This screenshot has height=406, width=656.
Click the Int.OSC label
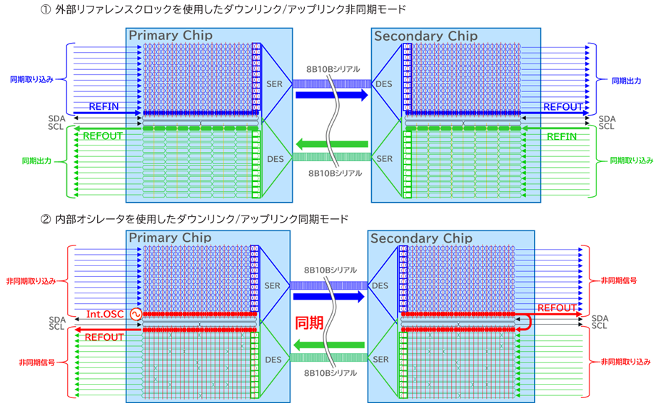[105, 314]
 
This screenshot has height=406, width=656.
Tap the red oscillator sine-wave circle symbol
[136, 314]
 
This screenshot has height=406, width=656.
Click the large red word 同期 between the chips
[309, 323]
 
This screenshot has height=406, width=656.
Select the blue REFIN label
[104, 106]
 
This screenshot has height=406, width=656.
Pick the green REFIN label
[562, 136]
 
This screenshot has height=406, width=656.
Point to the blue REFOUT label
[562, 106]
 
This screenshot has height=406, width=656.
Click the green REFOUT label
[103, 136]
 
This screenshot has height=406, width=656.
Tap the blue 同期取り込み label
[32, 79]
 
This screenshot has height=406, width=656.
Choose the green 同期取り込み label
[631, 161]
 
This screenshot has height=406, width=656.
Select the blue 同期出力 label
[626, 81]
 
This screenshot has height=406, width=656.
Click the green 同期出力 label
[37, 161]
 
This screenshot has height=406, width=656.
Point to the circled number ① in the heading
[45, 9]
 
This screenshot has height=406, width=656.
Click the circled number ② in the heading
[45, 218]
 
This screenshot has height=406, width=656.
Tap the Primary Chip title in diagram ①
[171, 35]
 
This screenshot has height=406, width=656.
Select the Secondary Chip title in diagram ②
[421, 238]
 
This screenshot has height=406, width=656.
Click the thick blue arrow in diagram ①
[331, 95]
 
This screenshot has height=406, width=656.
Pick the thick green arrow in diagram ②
[329, 345]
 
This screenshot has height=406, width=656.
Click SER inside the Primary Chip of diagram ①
[274, 84]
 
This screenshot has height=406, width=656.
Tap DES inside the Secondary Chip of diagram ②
[380, 285]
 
